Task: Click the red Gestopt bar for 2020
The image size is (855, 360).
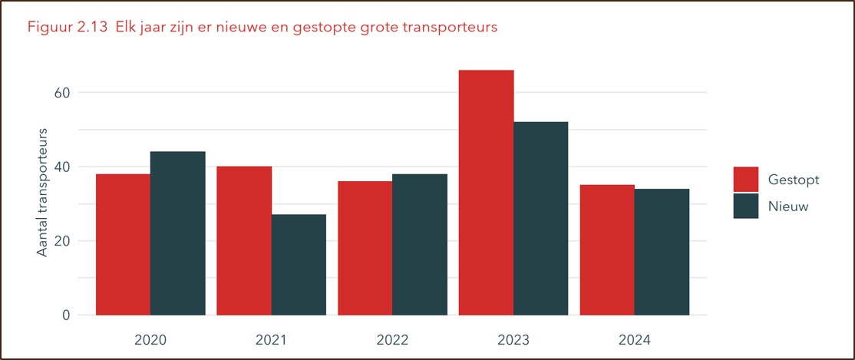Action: [123, 244]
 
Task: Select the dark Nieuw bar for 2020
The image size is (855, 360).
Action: [178, 233]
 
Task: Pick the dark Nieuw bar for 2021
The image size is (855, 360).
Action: [299, 265]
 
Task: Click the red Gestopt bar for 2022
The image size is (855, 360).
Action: [365, 248]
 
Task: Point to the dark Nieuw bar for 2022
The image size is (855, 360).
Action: [420, 244]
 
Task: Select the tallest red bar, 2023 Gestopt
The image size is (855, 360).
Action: [486, 192]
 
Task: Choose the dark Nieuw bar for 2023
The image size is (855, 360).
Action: [541, 218]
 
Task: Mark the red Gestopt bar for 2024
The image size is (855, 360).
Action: [607, 249]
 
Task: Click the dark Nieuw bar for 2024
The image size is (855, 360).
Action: [662, 252]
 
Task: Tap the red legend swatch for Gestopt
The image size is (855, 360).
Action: [745, 180]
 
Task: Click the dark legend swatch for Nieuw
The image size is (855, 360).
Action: [745, 206]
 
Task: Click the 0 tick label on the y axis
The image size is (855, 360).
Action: [66, 315]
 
